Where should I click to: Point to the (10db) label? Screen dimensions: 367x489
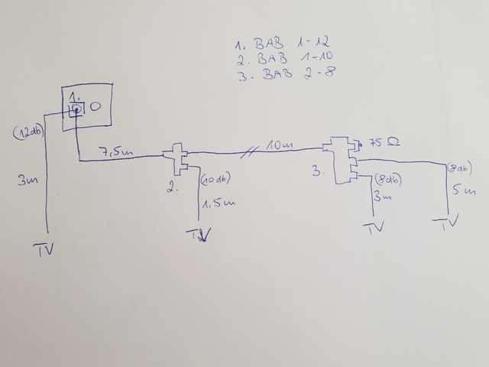coord(216,180)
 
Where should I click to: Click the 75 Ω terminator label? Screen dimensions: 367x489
coord(384,143)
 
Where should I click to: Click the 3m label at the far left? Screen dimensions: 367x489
coord(28,182)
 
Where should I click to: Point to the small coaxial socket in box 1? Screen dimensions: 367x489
coord(77,110)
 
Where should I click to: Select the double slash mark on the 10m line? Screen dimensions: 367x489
coord(247,150)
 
